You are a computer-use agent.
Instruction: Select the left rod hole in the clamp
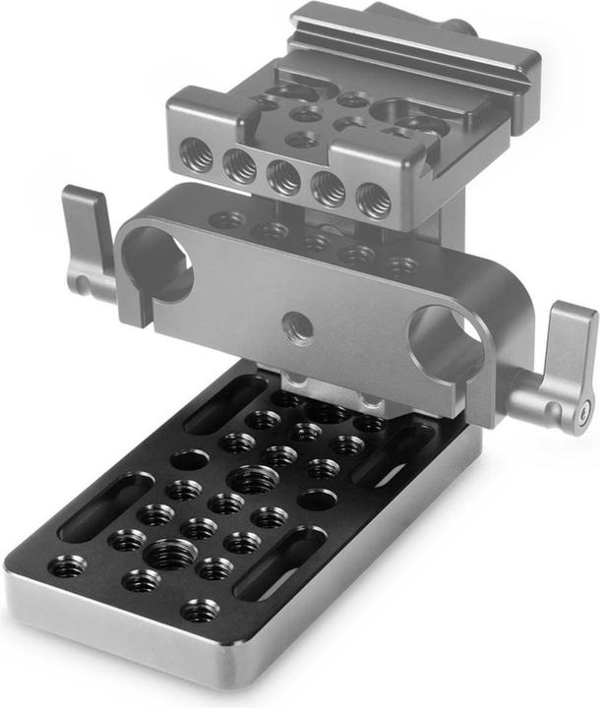tap(156, 263)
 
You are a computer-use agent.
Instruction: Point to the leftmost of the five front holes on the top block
tap(197, 154)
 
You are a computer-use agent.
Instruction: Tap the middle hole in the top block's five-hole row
tap(284, 177)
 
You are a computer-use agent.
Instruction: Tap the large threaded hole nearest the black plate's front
tap(169, 554)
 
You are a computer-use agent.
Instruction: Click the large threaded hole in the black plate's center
tap(252, 480)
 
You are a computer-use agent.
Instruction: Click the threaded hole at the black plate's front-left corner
tap(67, 566)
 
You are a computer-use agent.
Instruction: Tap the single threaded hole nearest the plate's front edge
tap(201, 611)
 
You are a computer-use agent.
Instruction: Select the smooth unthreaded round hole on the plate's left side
tap(189, 459)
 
